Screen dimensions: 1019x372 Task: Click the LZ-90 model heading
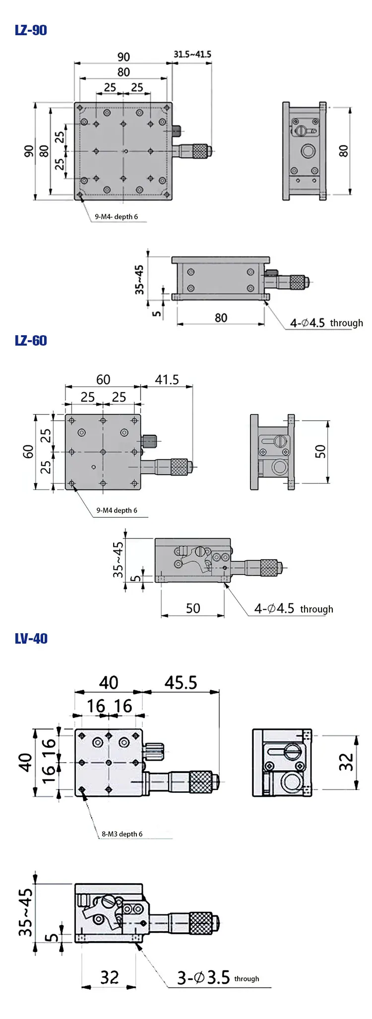(31, 30)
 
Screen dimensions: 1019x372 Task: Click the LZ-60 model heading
(31, 341)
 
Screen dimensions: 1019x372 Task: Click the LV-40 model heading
(31, 638)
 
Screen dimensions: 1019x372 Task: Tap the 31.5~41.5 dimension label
(192, 54)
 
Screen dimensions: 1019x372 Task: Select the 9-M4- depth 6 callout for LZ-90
(117, 217)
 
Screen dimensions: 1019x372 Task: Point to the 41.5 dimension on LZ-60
(167, 380)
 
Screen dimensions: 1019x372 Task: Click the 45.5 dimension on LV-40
(181, 683)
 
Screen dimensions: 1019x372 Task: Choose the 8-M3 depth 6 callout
(122, 834)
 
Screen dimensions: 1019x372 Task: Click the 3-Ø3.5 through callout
(217, 978)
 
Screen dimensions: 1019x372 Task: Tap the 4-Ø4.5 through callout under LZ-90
(326, 323)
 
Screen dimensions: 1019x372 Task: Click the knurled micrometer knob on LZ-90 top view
(200, 150)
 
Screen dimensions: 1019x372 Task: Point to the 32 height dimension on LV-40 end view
(346, 762)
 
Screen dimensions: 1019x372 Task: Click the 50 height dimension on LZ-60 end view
(320, 451)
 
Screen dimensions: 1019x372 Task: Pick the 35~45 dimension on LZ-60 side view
(118, 559)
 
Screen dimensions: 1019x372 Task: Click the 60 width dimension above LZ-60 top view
(103, 380)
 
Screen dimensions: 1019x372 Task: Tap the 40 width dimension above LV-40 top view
(109, 683)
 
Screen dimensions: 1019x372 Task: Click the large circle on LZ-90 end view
(308, 151)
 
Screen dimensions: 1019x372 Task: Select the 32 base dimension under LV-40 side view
(110, 977)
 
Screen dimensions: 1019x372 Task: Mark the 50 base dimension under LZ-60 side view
(193, 608)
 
